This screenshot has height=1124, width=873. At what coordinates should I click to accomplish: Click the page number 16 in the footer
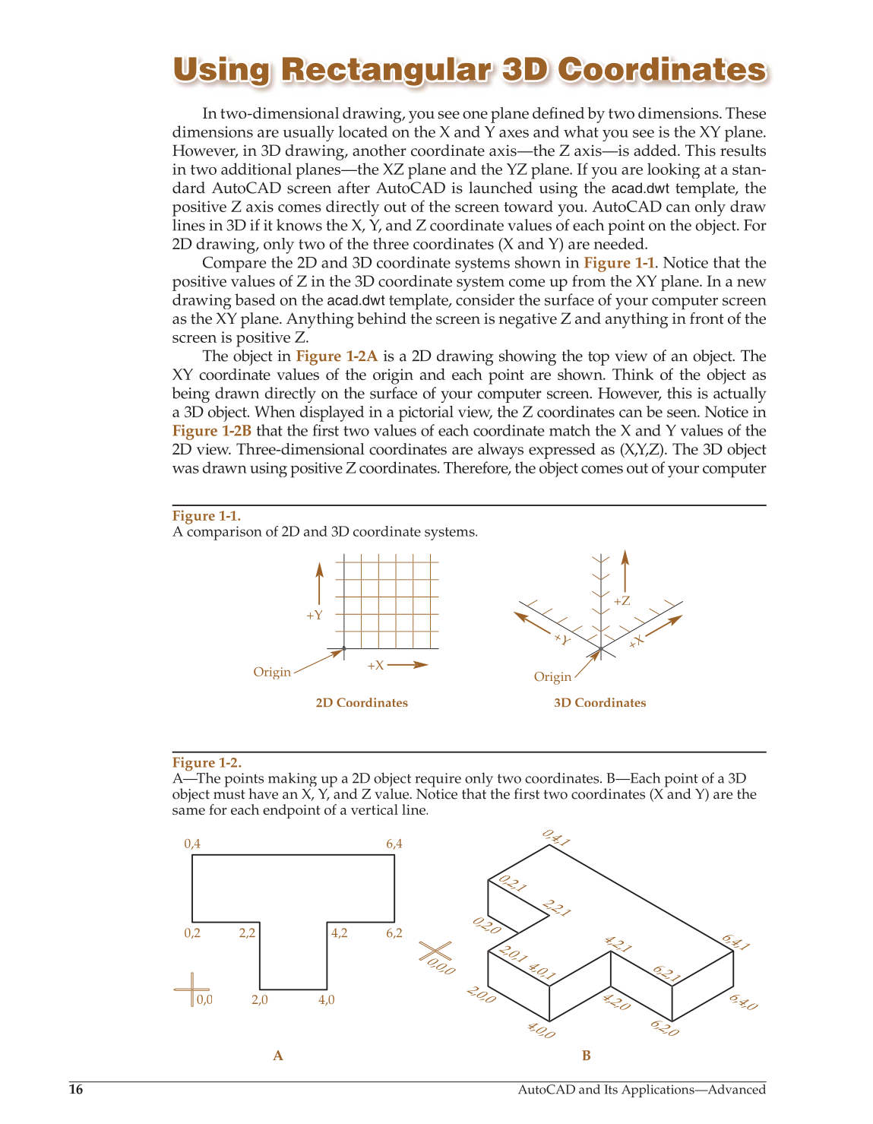[75, 1090]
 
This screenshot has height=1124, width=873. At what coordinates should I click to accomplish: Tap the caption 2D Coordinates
[362, 703]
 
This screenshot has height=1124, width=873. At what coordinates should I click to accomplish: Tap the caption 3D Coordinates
[600, 703]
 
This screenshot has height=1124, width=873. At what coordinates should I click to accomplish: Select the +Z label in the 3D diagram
[622, 601]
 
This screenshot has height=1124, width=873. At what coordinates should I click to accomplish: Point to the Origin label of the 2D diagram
[272, 672]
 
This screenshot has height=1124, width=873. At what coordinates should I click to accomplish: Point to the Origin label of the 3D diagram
[552, 676]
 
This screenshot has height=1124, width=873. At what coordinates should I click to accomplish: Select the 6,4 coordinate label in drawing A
[394, 844]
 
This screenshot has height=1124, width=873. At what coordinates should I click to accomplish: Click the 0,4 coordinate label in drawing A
[192, 844]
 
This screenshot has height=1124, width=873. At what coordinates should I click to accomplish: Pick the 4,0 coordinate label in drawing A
[326, 1000]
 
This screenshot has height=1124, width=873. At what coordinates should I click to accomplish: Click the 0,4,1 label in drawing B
[556, 838]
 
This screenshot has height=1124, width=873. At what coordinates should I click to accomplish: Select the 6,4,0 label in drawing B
[742, 1002]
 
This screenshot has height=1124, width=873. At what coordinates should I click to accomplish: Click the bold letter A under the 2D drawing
[278, 1056]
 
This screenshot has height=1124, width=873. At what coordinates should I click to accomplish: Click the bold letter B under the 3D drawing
[586, 1056]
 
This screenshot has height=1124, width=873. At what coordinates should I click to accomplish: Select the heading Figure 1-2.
[207, 762]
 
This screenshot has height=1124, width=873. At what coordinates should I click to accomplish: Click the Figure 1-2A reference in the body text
[337, 356]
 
